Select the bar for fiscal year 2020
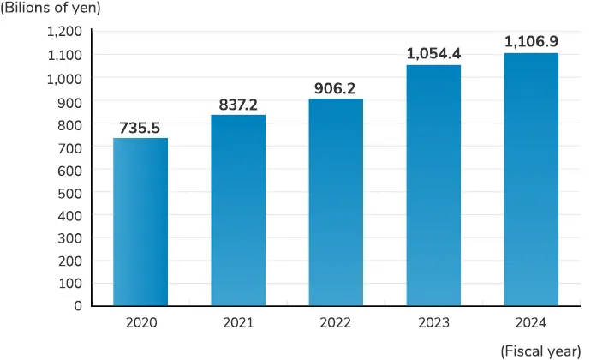[140, 221]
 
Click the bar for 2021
[238, 210]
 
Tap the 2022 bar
[336, 201]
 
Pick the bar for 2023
[433, 184]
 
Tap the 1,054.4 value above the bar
[433, 53]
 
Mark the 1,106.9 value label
[531, 41]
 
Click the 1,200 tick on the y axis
[65, 32]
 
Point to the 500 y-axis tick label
[70, 192]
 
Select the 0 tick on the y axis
[78, 306]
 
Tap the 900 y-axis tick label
[70, 101]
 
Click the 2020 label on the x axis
[140, 323]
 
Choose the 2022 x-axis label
[336, 323]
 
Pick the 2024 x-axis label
[531, 323]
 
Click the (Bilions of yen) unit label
[51, 9]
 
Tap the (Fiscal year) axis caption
[539, 349]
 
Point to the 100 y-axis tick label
[70, 283]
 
